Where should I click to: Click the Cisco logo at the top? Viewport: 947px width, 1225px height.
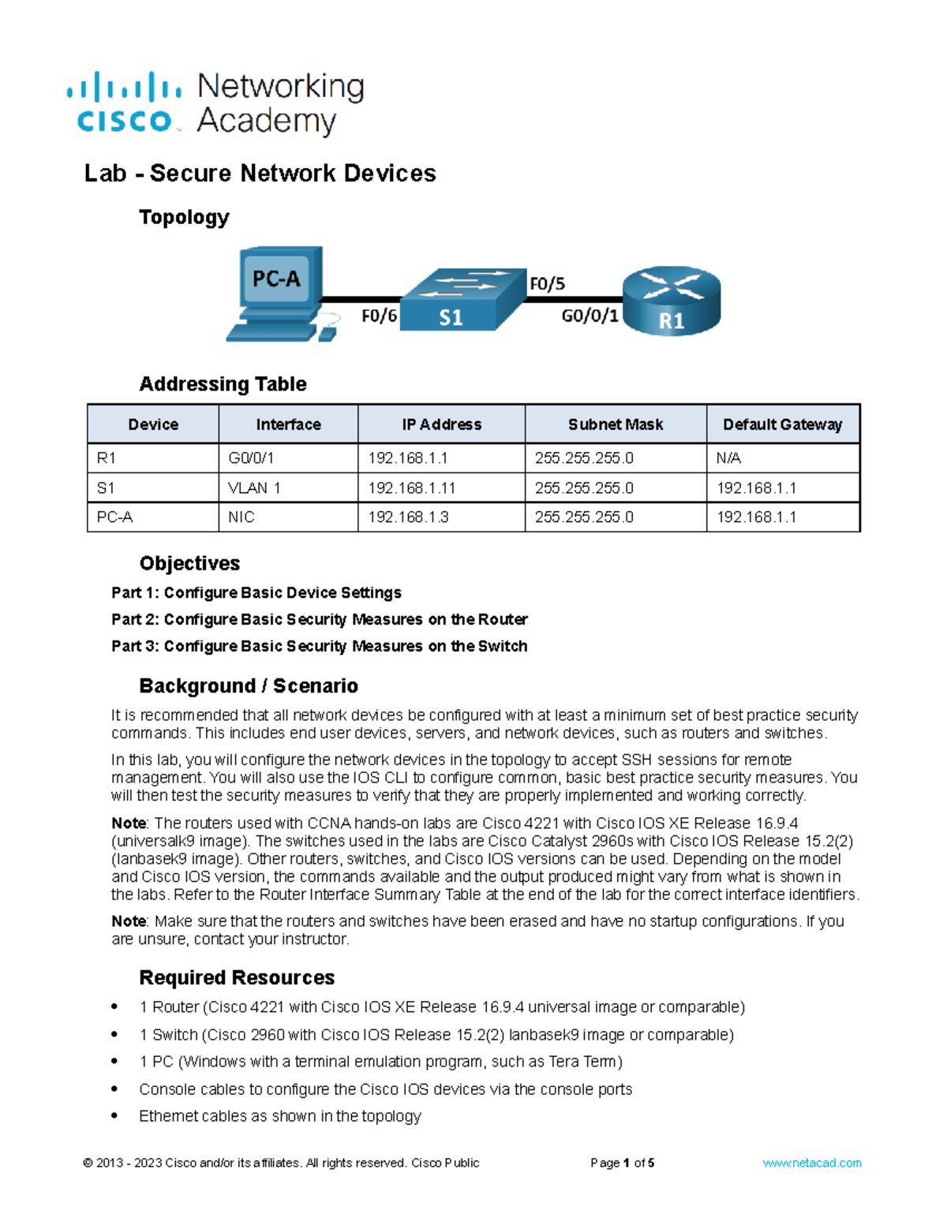125,103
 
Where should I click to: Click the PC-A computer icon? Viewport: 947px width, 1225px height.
276,292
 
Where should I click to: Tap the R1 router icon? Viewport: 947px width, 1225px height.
672,301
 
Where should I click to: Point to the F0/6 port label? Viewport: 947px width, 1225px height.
379,316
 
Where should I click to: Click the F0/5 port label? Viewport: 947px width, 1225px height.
547,284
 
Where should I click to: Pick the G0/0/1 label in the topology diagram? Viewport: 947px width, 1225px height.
590,316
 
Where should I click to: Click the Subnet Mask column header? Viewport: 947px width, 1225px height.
616,424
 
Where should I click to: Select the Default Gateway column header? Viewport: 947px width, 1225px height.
782,424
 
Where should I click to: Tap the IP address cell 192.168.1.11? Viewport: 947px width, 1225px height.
412,488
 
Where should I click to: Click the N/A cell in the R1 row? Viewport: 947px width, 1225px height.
728,458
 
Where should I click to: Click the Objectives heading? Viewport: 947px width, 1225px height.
189,563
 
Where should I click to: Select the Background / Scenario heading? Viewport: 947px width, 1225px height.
249,685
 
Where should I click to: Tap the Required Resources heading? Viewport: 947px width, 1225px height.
237,977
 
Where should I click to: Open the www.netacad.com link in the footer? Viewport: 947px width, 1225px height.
811,1163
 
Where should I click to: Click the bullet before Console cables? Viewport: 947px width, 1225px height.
115,1089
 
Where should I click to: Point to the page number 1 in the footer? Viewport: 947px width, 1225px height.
626,1163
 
